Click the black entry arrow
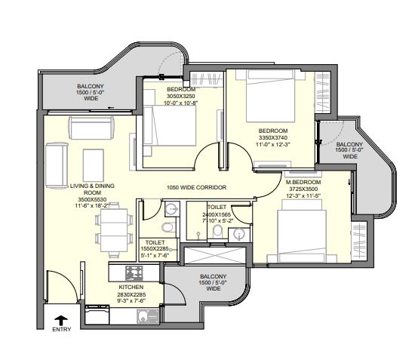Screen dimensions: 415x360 [61, 320]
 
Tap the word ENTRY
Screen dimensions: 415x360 [61, 330]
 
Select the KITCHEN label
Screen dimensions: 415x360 [131, 287]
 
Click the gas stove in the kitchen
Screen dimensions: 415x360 [134, 273]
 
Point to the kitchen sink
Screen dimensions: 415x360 [148, 316]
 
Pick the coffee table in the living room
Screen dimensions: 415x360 [93, 165]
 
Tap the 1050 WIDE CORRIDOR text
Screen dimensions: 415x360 [196, 187]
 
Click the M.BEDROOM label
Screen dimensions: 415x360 [303, 182]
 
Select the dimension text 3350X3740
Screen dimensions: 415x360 [273, 137]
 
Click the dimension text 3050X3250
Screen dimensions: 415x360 [181, 96]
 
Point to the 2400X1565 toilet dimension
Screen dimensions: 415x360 [217, 214]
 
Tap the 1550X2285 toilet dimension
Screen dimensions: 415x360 [155, 249]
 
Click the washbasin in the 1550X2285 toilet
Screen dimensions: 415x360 [172, 209]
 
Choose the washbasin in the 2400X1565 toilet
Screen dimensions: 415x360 [239, 234]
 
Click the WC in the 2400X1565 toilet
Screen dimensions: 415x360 [217, 232]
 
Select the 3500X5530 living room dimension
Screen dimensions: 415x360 [92, 199]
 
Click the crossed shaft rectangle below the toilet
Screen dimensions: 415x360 [215, 255]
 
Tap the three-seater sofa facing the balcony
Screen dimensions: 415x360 [91, 128]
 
